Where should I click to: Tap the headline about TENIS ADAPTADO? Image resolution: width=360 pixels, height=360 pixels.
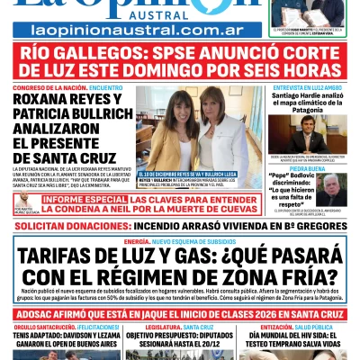click(x=54, y=337)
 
